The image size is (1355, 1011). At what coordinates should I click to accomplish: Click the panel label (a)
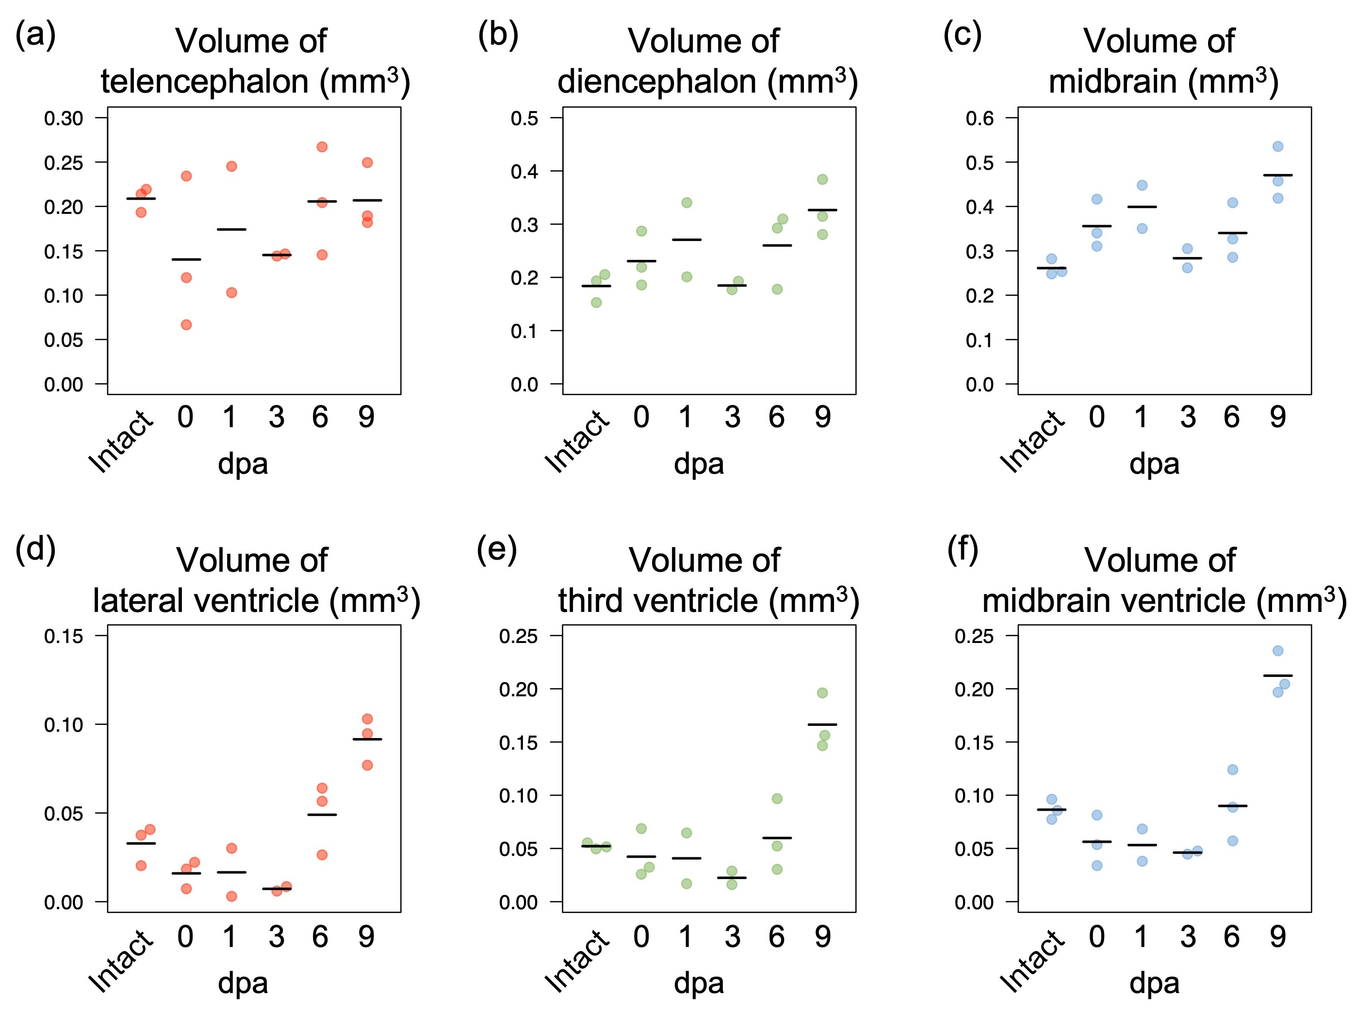point(35,35)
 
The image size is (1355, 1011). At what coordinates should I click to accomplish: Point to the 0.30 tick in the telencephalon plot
point(64,118)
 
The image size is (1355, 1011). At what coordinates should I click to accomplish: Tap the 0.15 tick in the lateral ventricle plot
point(64,636)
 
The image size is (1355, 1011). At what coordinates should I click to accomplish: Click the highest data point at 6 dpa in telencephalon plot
point(322,147)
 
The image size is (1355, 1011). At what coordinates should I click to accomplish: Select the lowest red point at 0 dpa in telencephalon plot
point(186,324)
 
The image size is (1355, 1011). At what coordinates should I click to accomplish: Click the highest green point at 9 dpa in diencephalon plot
point(822,179)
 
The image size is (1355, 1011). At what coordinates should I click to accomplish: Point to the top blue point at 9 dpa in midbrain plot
point(1278,146)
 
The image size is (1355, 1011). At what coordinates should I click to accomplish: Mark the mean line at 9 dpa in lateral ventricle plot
point(367,739)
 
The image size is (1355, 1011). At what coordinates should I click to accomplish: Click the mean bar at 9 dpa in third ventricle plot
point(822,724)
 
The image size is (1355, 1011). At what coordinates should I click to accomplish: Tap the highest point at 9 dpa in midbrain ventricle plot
point(1278,651)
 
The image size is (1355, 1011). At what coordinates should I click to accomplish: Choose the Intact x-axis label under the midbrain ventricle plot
point(1033,960)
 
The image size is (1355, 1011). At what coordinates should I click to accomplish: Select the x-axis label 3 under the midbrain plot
point(1188,417)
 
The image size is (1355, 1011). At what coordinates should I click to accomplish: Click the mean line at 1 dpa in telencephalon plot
point(231,229)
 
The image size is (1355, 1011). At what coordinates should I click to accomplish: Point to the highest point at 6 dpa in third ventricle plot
point(777,799)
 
